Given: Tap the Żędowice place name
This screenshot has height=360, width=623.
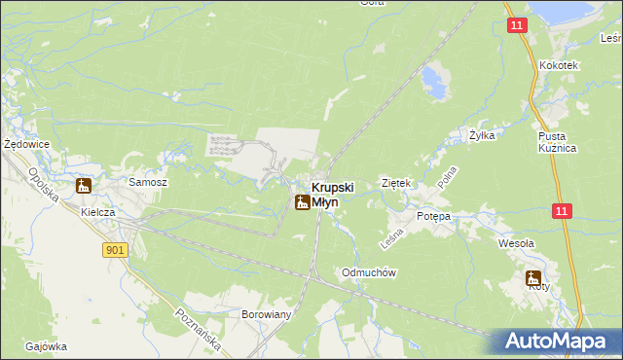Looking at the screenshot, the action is pos(26,144).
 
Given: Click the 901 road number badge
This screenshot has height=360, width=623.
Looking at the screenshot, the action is pos(115,250).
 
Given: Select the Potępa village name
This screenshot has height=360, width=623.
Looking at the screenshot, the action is pos(434,216).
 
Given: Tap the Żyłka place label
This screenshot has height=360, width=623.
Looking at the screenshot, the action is pos(482,136).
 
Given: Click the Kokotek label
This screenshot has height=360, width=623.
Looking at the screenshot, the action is pos(559,65).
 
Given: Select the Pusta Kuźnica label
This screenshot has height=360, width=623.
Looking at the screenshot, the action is pos(559,142).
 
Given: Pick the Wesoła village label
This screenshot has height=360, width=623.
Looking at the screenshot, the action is pos(516,243).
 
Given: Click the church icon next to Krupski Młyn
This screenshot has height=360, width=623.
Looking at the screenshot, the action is pos(302,201).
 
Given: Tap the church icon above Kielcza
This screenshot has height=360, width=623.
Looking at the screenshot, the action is pos(84,186).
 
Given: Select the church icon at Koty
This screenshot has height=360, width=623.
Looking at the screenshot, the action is pos(533,276).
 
